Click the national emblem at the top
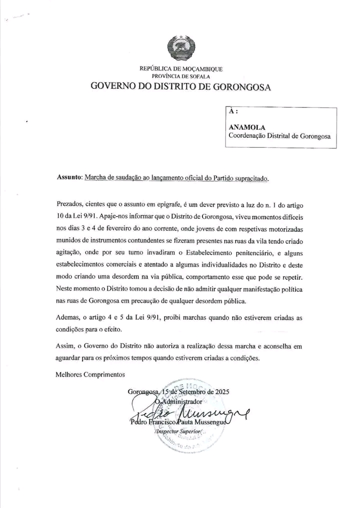180,48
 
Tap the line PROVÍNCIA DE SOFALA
181,76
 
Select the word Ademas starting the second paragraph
67,318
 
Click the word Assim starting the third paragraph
64,346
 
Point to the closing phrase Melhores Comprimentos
90,374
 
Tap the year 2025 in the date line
219,392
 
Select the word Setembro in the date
189,392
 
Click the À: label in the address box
233,112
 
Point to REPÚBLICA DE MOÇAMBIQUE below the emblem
181,69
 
